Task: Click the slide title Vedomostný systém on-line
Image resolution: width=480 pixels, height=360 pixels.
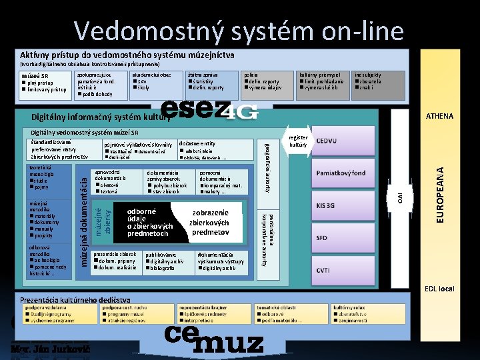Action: coord(239,31)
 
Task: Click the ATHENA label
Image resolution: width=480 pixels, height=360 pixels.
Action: coord(439,117)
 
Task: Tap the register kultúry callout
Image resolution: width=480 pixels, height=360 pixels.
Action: coord(298,141)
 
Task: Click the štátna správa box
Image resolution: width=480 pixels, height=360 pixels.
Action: coord(211,82)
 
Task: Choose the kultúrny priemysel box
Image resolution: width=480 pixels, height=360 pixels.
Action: coord(323,82)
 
